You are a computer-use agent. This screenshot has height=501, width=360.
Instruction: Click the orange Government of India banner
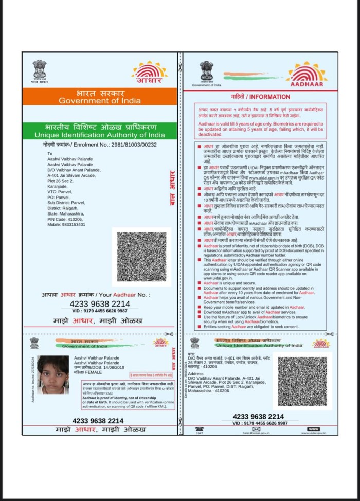(99, 96)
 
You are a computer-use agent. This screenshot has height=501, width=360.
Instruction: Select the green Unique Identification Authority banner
(99, 130)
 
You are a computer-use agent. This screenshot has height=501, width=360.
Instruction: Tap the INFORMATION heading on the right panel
(260, 96)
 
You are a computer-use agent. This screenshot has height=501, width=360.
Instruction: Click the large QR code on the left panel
(141, 257)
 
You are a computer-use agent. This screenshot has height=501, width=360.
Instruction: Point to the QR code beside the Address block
(302, 381)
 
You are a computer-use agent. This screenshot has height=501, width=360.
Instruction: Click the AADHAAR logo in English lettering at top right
(307, 75)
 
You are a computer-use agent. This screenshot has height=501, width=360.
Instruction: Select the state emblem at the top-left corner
(40, 70)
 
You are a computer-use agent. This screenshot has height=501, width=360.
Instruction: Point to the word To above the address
(50, 154)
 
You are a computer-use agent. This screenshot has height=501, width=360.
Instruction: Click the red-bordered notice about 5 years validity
(260, 120)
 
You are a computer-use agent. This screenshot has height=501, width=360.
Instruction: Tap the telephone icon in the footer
(200, 428)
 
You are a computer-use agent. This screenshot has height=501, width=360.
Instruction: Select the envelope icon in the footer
(256, 428)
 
